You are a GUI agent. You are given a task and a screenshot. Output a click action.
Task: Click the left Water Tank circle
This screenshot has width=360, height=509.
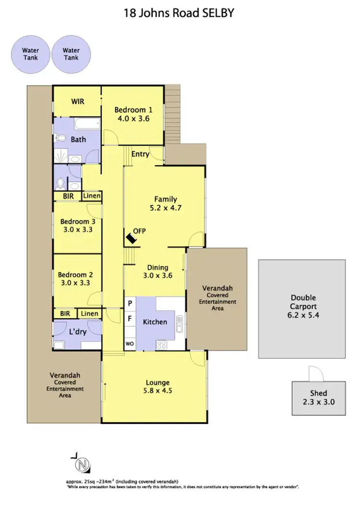coord(30,54)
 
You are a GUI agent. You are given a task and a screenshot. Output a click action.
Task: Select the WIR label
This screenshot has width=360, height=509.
coord(78,101)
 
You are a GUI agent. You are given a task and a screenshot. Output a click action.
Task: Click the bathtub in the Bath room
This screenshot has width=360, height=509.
coord(86,125)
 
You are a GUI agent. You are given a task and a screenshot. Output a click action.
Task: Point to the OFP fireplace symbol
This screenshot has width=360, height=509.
coord(131,237)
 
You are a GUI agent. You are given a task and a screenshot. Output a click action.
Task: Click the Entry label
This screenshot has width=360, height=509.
coord(140,154)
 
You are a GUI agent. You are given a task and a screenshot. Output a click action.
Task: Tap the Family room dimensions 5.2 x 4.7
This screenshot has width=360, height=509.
coord(166,208)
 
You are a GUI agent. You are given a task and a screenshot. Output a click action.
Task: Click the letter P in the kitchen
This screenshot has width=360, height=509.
coord(130,303)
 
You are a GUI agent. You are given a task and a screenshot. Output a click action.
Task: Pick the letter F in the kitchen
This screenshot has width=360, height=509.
coord(130,318)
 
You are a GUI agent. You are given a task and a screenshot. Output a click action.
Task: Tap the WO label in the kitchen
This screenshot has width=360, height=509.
coord(130,343)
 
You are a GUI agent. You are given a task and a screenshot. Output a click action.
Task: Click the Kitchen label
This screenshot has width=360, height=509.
coord(155,322)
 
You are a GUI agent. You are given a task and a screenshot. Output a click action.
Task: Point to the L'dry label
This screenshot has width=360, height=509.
coord(78,332)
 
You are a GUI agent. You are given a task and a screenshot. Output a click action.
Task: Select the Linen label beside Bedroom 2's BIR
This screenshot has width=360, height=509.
coord(89,314)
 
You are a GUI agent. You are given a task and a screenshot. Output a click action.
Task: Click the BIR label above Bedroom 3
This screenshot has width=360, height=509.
coord(67,196)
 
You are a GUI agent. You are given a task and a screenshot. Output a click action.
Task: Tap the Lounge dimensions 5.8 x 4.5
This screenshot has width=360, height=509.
coord(158,391)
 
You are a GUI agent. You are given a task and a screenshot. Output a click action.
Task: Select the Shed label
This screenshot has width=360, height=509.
coord(319,393)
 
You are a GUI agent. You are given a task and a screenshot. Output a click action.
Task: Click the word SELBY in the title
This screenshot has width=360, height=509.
coord(216,13)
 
